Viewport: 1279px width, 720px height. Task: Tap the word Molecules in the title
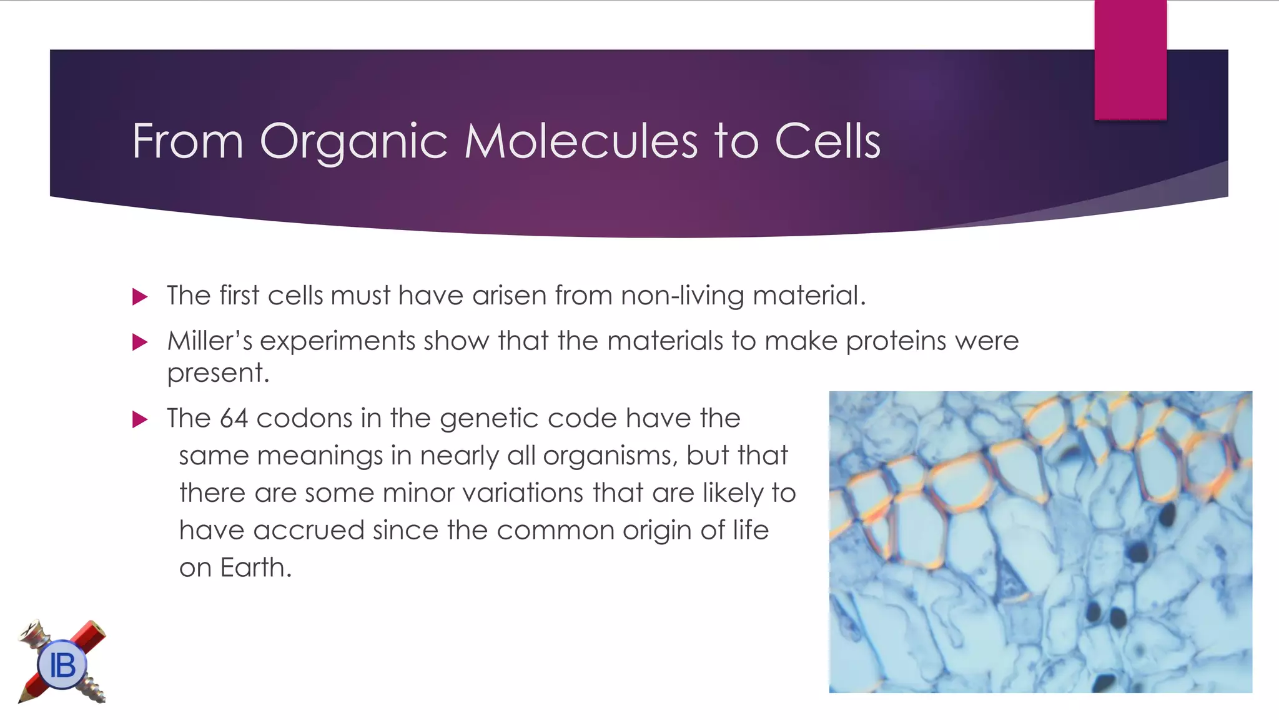pyautogui.click(x=580, y=141)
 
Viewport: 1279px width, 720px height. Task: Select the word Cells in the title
pyautogui.click(x=827, y=141)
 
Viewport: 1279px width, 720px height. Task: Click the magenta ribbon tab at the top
pyautogui.click(x=1130, y=59)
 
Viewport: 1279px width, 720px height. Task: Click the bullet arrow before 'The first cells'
pyautogui.click(x=140, y=297)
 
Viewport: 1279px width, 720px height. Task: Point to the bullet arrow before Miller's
pyautogui.click(x=140, y=342)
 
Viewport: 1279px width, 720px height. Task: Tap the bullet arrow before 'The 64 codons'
pyautogui.click(x=140, y=419)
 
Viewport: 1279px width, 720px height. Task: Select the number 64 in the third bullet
pyautogui.click(x=234, y=418)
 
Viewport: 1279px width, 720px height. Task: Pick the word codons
pyautogui.click(x=304, y=418)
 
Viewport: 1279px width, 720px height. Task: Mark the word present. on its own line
pyautogui.click(x=218, y=373)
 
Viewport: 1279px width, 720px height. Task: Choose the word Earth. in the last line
pyautogui.click(x=255, y=567)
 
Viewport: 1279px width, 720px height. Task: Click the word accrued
pyautogui.click(x=309, y=531)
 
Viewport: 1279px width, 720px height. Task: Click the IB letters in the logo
pyautogui.click(x=62, y=665)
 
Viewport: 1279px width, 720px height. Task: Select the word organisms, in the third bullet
pyautogui.click(x=610, y=456)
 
